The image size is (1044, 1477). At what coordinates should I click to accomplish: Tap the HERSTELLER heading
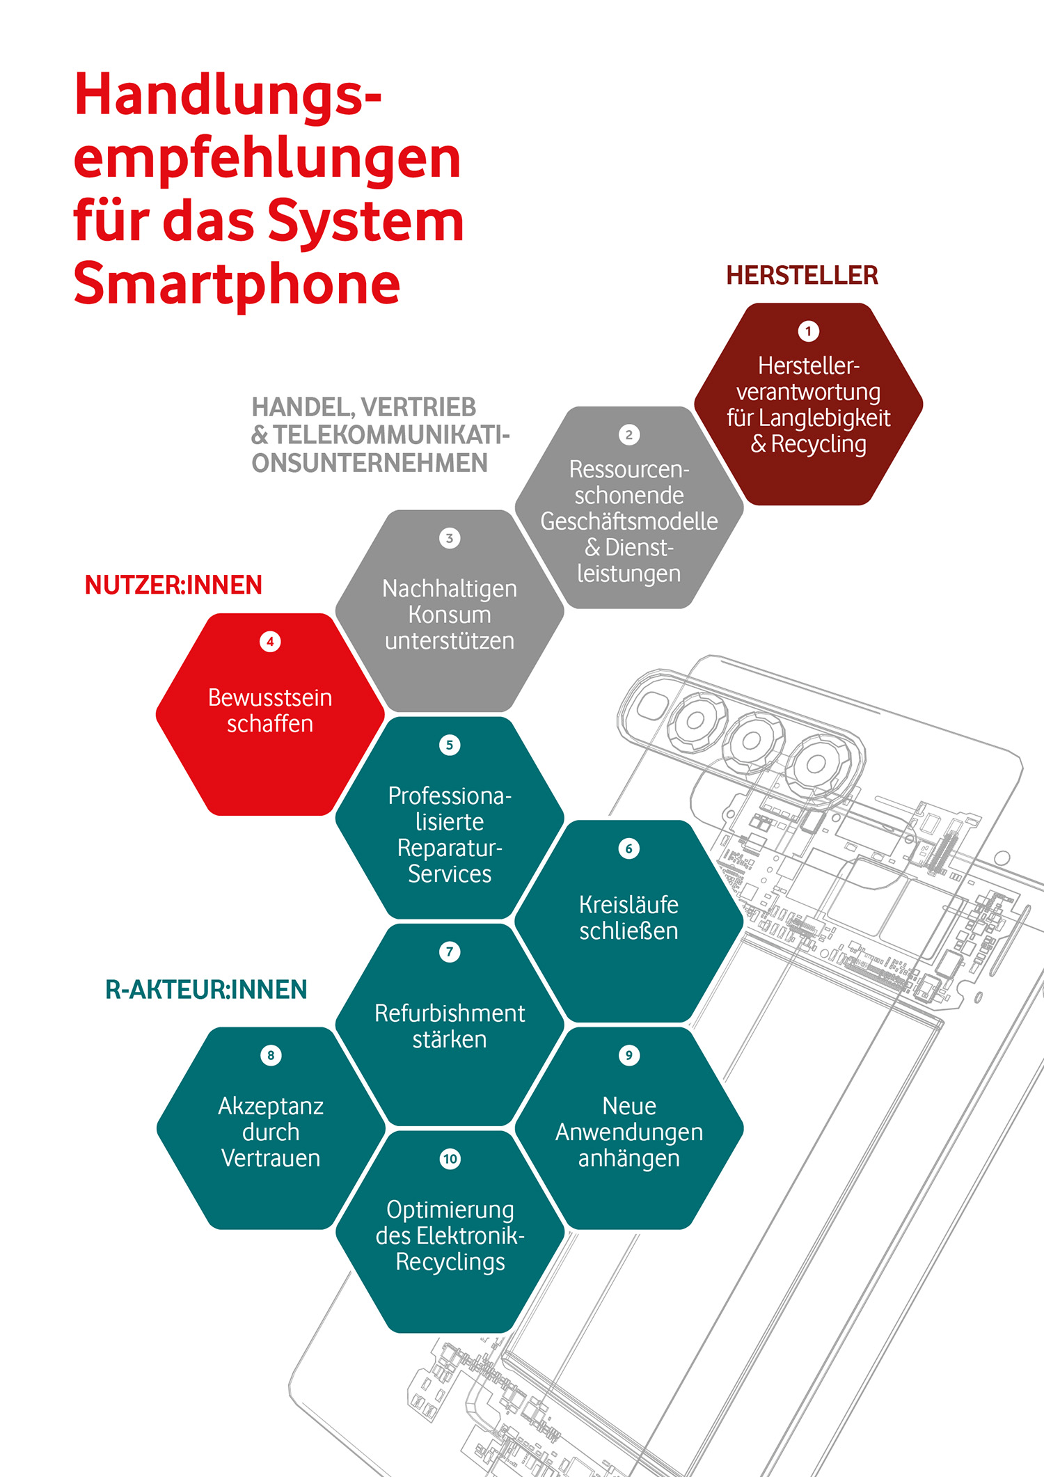tap(802, 276)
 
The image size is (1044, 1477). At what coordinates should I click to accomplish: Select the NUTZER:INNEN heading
tap(173, 585)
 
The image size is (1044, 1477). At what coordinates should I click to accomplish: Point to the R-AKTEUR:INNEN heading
tap(206, 989)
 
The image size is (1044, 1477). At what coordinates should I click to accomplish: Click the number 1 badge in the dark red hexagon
tap(808, 331)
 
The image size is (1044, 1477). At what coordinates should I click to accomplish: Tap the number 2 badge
tap(629, 435)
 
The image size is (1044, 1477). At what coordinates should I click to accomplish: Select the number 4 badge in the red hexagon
tap(270, 642)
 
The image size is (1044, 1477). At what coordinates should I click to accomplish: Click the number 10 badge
tap(450, 1159)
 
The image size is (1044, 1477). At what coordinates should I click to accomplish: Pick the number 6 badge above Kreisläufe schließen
tap(629, 848)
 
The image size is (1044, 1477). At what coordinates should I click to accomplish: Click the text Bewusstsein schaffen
tap(270, 711)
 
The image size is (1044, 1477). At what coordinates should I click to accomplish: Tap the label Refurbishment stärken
tap(450, 1026)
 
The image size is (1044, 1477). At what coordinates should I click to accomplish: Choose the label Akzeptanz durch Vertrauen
tap(271, 1132)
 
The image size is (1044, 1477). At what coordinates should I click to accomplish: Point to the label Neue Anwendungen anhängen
tap(629, 1132)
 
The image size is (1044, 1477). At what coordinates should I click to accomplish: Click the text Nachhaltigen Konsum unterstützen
tap(450, 615)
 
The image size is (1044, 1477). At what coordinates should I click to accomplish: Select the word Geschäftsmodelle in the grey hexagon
tap(629, 521)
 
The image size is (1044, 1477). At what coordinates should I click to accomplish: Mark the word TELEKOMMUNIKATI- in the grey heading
tap(392, 435)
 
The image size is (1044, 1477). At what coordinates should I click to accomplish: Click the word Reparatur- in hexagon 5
tap(450, 848)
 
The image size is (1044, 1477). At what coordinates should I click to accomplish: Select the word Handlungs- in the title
tap(228, 95)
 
